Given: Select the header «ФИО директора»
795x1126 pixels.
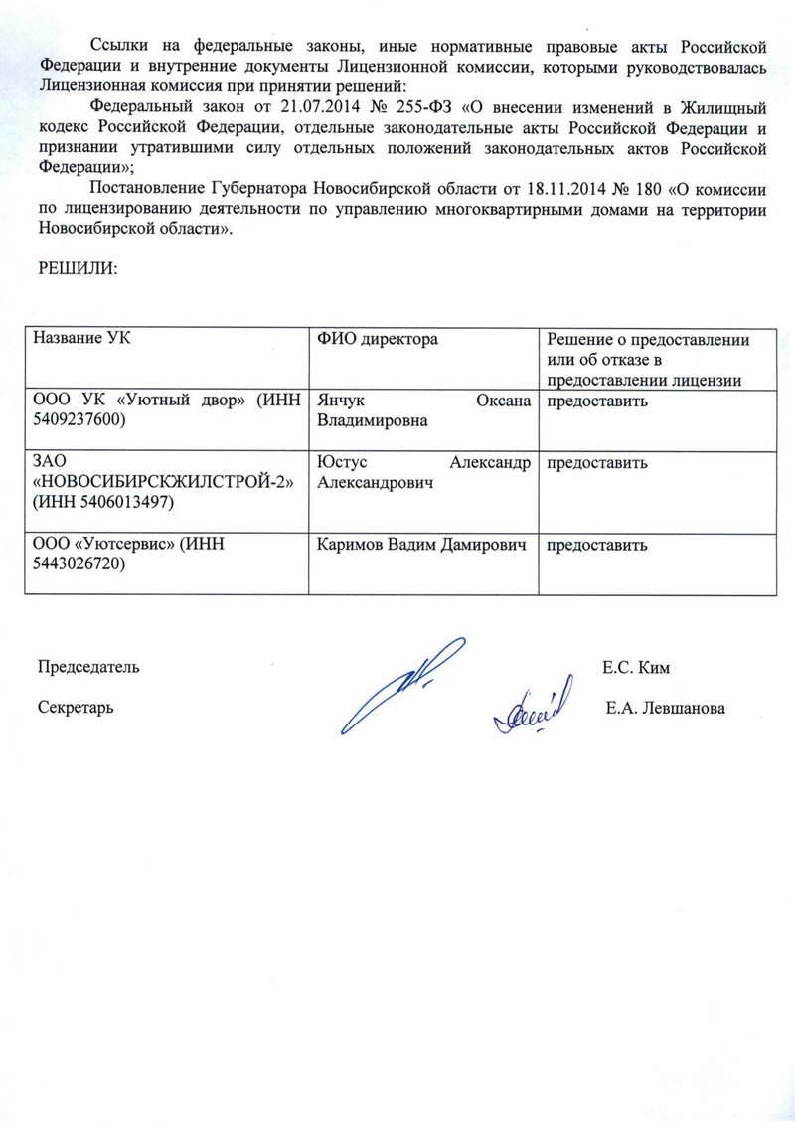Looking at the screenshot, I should point(378,339).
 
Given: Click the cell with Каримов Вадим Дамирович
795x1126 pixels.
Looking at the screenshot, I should point(420,545).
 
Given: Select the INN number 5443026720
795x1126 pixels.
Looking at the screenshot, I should point(79,563).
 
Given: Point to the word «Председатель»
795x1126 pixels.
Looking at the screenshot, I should point(88,668).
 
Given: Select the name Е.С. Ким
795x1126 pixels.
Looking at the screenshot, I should point(635,668).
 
